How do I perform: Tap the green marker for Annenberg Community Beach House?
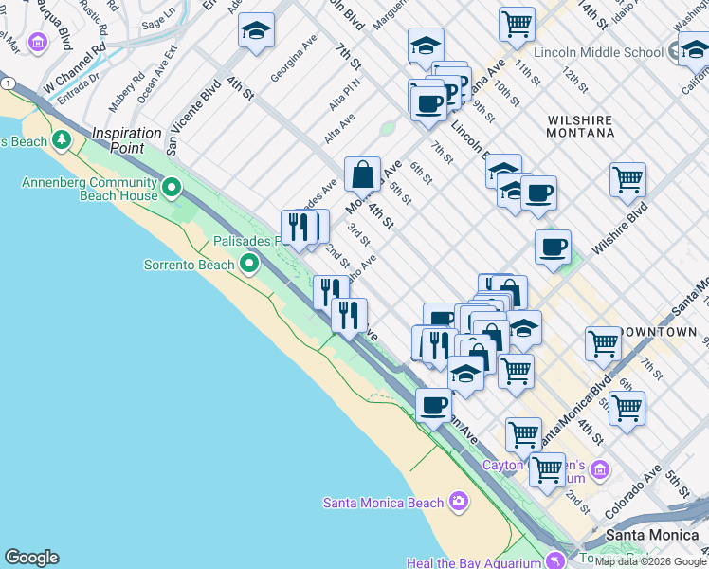click(172, 188)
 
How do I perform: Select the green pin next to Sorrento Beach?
click(250, 263)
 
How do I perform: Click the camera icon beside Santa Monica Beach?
click(460, 501)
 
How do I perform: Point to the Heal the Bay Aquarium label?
click(470, 562)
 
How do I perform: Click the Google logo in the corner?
click(31, 558)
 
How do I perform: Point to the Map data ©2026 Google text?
click(651, 561)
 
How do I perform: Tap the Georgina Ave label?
click(294, 59)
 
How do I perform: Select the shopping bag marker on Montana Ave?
click(362, 174)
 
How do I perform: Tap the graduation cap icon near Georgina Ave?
click(256, 31)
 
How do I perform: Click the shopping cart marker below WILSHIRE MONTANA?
click(627, 179)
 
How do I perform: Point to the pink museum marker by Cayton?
click(599, 469)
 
